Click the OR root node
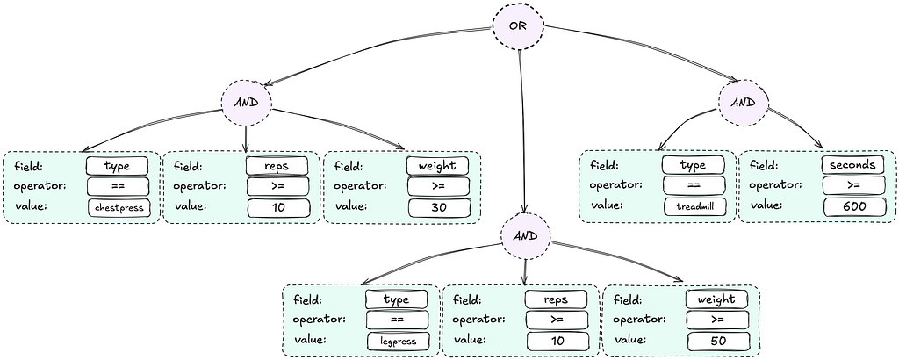coord(518,26)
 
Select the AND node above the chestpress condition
coord(246,103)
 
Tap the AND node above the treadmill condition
coord(743,103)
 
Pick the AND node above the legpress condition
coord(525,236)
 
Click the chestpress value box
coord(119,208)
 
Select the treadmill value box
coord(694,206)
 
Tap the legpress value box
coord(398,342)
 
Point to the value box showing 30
coord(438,207)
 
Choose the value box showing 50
coord(717,342)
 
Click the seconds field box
coord(852,165)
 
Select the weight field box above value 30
coord(437,166)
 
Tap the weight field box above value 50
coord(717,299)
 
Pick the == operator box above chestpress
coord(119,186)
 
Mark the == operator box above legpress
coord(397,320)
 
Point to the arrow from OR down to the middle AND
coord(521,132)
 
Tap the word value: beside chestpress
coord(29,206)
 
